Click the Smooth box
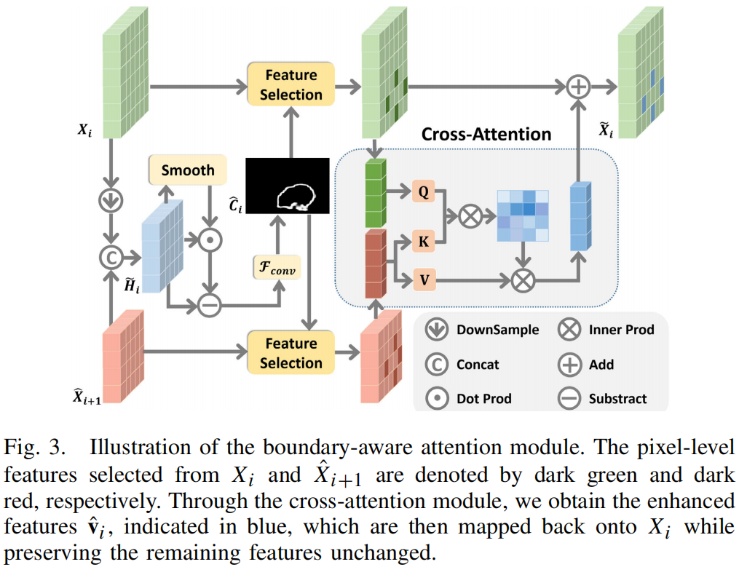pos(188,170)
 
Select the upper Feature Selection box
pos(291,84)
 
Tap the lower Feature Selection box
pos(291,353)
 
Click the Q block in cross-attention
pos(422,192)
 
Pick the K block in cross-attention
pos(422,241)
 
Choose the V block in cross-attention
pos(422,278)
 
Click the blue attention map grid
pos(522,215)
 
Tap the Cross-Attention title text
pos(486,135)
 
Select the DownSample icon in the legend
pos(436,330)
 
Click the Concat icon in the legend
pos(436,364)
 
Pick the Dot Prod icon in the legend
pos(436,398)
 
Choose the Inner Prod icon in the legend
pos(569,330)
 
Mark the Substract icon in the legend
pos(569,398)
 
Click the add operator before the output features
pos(578,86)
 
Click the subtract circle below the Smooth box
pos(209,306)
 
